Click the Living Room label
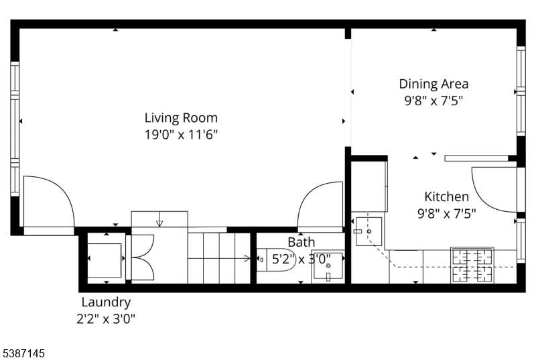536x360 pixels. (x=181, y=117)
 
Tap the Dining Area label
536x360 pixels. (x=433, y=84)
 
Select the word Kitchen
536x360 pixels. (x=446, y=196)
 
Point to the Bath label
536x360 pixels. (x=301, y=242)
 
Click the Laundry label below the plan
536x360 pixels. (x=106, y=302)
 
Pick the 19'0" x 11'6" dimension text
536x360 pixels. (x=181, y=134)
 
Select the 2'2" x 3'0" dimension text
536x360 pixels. (x=106, y=319)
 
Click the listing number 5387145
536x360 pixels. (x=23, y=353)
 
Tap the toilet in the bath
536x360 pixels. (x=275, y=260)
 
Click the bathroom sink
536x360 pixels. (x=328, y=266)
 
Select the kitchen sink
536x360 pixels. (x=369, y=231)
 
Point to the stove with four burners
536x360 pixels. (x=472, y=265)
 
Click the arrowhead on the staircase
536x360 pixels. (x=247, y=259)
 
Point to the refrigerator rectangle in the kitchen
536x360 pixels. (x=369, y=186)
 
